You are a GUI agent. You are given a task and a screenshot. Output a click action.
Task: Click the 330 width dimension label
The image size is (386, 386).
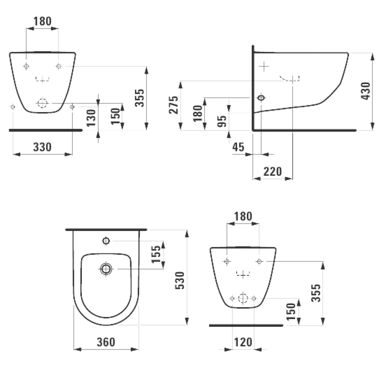click(42, 147)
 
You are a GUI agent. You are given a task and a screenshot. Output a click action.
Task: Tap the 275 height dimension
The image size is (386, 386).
click(173, 105)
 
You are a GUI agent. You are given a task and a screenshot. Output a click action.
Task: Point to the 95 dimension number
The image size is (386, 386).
click(222, 121)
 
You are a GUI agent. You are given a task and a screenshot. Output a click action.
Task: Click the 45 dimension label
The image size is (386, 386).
click(239, 147)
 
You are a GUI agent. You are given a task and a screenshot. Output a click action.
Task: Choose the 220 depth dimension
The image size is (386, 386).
click(273, 171)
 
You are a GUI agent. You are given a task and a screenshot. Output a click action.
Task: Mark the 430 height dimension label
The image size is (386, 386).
click(365, 91)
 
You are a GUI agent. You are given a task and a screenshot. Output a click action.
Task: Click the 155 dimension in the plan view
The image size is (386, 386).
click(156, 254)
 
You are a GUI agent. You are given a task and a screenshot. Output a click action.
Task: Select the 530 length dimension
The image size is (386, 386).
click(180, 281)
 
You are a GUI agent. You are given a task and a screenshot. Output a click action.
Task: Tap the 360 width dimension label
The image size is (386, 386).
click(106, 342)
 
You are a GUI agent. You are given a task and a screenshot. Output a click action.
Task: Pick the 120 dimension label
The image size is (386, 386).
click(243, 342)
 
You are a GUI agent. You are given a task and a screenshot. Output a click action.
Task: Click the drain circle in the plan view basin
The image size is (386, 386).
click(106, 269)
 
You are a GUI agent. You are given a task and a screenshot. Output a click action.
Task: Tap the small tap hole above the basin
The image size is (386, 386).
click(106, 241)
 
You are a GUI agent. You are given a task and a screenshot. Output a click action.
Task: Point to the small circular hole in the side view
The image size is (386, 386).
click(261, 98)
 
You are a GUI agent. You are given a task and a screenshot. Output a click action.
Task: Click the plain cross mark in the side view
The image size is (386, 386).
click(264, 66)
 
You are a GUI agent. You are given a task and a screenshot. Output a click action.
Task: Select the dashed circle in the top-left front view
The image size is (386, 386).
click(42, 103)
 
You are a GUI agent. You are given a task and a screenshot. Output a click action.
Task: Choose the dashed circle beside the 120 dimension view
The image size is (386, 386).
click(243, 298)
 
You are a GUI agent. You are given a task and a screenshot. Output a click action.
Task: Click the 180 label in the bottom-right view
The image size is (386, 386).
click(243, 216)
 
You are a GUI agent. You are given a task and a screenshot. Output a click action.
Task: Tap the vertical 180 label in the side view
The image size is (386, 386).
click(198, 113)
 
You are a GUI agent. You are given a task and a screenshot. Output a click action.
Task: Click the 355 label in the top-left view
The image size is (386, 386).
click(140, 98)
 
